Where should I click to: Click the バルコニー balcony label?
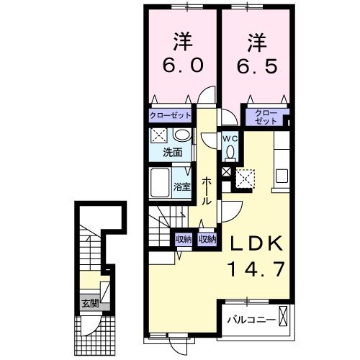[250, 318]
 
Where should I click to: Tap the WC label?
[230, 139]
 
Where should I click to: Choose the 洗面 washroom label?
[171, 152]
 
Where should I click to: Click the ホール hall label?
[207, 190]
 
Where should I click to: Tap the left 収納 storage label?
[183, 239]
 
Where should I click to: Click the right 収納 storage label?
[207, 239]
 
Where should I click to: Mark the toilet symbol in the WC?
[230, 152]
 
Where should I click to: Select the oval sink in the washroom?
[182, 135]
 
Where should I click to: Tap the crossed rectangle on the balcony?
[284, 317]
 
